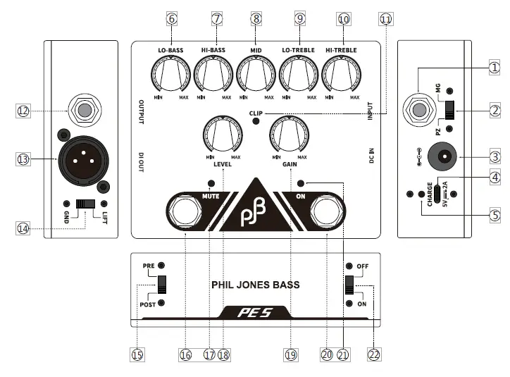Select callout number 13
(23, 160)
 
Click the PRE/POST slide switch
(162, 284)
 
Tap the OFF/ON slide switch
(349, 286)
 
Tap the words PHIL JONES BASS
(256, 285)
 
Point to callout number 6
(171, 20)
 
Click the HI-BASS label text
(213, 51)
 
